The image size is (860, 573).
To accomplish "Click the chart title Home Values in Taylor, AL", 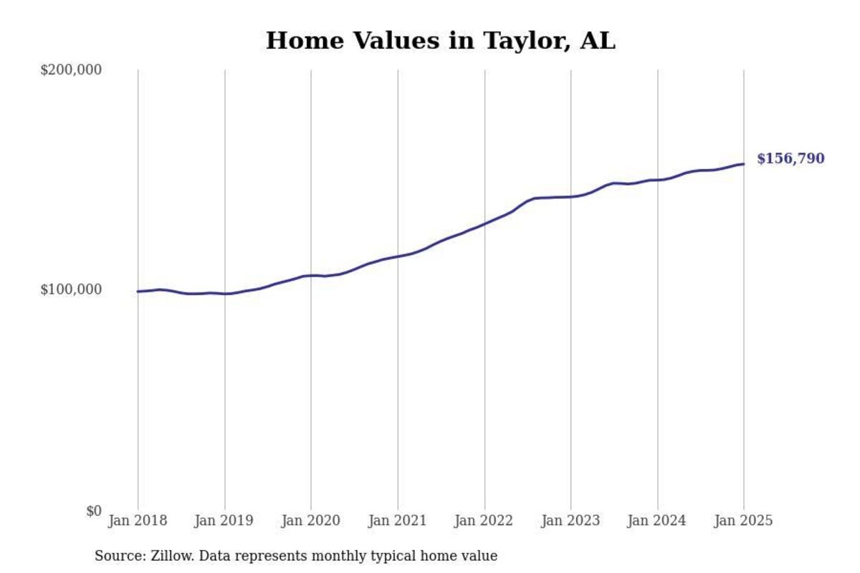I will click(x=440, y=41).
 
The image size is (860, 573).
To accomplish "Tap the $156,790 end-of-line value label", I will click(x=790, y=158).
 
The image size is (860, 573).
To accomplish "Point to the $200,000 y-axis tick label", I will click(x=71, y=70).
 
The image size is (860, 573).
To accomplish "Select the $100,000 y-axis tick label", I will click(x=71, y=289).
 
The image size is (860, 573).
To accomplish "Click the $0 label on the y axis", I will click(x=94, y=511).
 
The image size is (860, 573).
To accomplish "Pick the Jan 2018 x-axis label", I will click(x=138, y=521).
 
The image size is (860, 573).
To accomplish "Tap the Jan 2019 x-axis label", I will click(x=224, y=521).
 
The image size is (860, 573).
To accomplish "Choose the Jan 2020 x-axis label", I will click(x=311, y=521).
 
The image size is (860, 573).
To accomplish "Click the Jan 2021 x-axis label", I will click(x=398, y=521).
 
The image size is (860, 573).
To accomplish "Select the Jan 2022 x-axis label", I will click(x=484, y=521).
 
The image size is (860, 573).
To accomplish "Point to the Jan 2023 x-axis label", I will click(x=571, y=521).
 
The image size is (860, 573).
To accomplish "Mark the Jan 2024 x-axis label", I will click(x=657, y=521).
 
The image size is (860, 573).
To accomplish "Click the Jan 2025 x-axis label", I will click(x=744, y=521).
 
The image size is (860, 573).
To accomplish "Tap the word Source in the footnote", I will click(x=116, y=556).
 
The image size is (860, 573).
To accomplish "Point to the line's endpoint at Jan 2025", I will click(x=743, y=164).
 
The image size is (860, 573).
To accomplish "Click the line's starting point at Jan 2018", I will click(x=138, y=292).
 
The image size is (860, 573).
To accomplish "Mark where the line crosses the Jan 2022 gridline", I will click(x=484, y=224).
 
